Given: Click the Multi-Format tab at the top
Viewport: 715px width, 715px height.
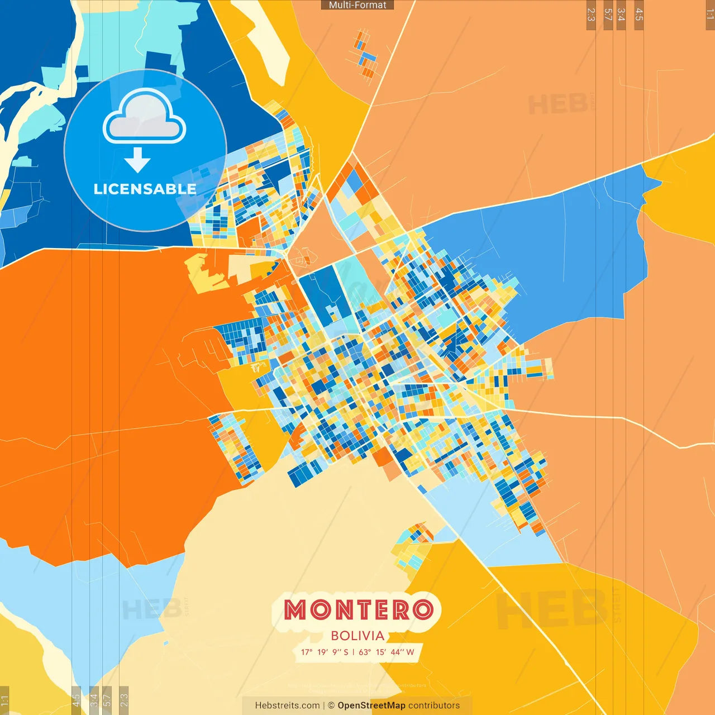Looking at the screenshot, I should pos(357,5).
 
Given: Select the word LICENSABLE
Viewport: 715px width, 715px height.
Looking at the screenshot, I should pos(145,189).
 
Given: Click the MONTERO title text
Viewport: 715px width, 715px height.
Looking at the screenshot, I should pos(358,610).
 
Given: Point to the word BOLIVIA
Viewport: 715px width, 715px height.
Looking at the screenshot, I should pos(357,636).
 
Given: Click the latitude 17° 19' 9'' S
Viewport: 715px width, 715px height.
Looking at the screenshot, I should pos(325,652).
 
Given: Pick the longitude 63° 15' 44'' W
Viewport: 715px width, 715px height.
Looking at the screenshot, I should pos(387,652).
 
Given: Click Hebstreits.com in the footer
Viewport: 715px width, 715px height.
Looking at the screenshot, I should pos(287,706).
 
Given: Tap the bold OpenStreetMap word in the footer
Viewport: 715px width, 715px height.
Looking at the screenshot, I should pos(371,706).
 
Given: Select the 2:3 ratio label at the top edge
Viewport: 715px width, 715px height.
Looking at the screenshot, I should pos(591,15).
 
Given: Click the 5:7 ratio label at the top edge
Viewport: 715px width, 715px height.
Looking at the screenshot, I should pos(608,15).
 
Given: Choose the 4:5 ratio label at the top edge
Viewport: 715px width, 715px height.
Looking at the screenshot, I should pos(639,15).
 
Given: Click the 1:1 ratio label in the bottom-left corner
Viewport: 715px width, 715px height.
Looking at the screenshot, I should pos(4,700).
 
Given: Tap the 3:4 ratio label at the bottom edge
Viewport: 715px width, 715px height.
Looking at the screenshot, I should pos(94,700).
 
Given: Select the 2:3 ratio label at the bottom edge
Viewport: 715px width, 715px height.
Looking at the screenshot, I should pos(124,700).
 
